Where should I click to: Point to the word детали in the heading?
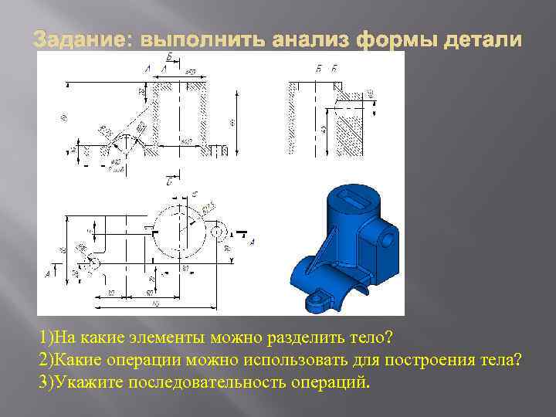pos(478,38)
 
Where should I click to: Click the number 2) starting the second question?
pos(46,360)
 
